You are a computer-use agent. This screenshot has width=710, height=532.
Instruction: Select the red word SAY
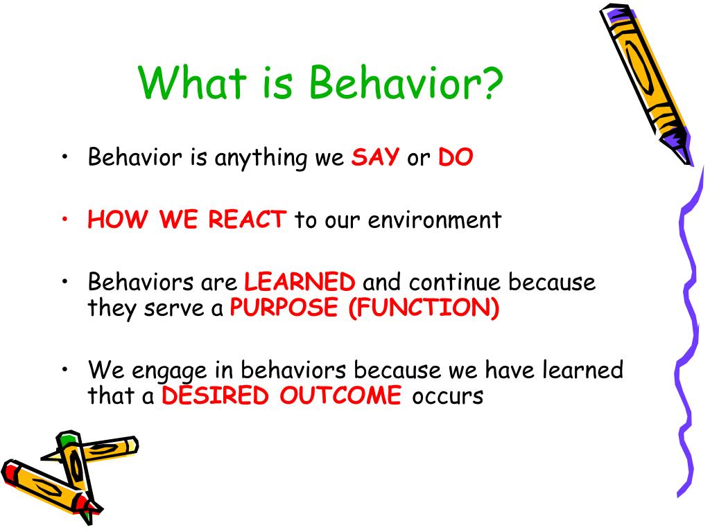[375, 157]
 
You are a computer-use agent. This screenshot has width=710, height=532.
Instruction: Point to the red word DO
[456, 157]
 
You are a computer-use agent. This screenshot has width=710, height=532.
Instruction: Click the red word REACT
[247, 220]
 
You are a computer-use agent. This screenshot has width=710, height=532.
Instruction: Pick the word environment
[435, 220]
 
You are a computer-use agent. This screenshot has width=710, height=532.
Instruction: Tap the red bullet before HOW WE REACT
[65, 220]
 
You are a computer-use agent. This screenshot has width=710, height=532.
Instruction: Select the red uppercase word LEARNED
[300, 281]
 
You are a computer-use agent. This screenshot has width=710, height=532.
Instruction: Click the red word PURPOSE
[284, 307]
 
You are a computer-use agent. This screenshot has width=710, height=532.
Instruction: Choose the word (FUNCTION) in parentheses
[424, 307]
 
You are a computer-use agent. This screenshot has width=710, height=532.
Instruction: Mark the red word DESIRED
[215, 395]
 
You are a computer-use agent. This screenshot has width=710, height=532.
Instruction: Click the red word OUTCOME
[340, 395]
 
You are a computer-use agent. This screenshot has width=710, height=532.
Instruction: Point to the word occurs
[447, 396]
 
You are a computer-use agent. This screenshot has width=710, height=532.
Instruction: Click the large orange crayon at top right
[646, 84]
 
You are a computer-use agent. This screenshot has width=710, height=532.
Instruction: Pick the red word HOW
[118, 220]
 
